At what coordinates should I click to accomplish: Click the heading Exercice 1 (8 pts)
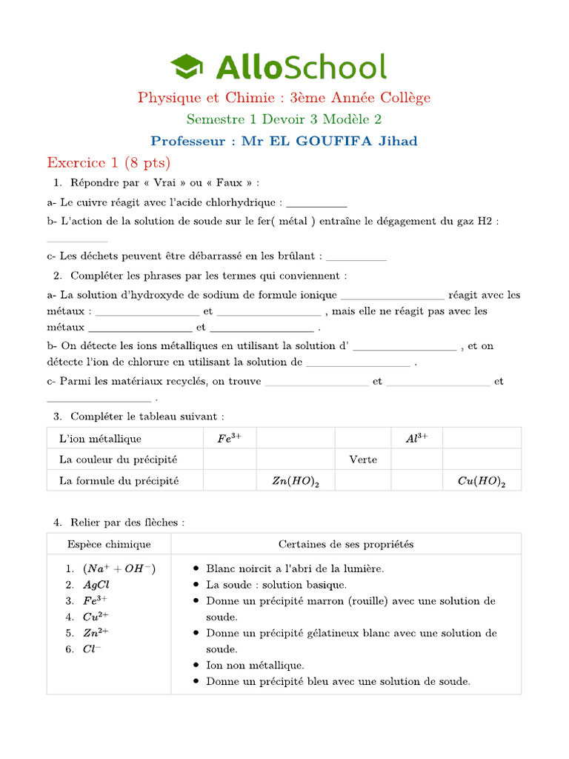click(x=108, y=162)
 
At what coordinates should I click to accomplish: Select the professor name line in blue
click(x=284, y=141)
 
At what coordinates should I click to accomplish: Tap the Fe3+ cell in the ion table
click(x=230, y=439)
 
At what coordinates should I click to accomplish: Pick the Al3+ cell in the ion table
click(x=416, y=439)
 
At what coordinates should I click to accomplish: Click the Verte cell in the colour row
click(x=363, y=460)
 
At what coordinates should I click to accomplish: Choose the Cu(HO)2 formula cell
click(x=482, y=481)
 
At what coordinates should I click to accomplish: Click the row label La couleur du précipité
click(x=119, y=460)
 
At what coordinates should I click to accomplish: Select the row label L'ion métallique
click(x=100, y=439)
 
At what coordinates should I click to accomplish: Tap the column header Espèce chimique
click(x=109, y=544)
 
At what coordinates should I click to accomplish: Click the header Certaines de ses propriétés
click(x=346, y=544)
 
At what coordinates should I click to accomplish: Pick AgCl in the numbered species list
click(x=96, y=585)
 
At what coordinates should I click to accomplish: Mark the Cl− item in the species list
click(x=93, y=649)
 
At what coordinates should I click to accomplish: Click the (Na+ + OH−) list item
click(x=119, y=569)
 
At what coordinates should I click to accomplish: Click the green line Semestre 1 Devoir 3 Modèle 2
click(x=284, y=119)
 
